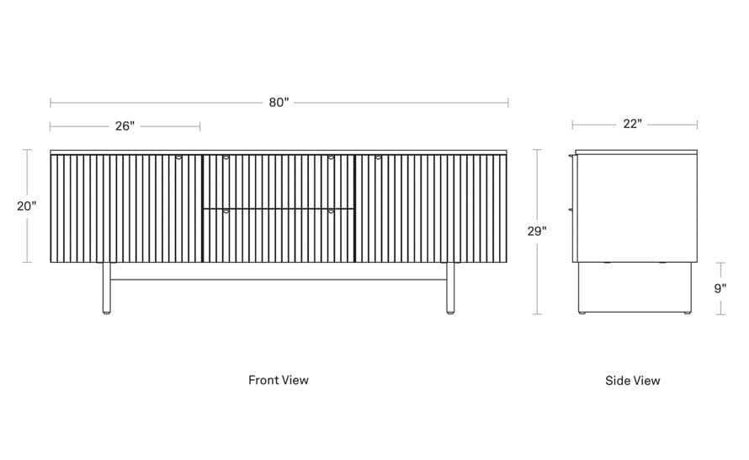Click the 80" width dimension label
point(279,102)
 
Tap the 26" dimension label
point(125,126)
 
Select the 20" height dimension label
point(27,206)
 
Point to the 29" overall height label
point(537,232)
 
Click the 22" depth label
point(633,124)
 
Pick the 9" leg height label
point(720,288)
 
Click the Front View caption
point(279,380)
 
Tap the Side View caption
point(633,381)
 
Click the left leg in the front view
point(107,288)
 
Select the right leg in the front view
point(450,288)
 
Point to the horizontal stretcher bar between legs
point(279,277)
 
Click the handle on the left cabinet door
point(178,157)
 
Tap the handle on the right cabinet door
point(379,157)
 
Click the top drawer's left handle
point(226,157)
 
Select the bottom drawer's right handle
point(331,211)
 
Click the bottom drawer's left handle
point(226,211)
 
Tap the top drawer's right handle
point(331,157)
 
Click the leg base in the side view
point(635,288)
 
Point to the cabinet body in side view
point(635,208)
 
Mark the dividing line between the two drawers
point(279,208)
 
